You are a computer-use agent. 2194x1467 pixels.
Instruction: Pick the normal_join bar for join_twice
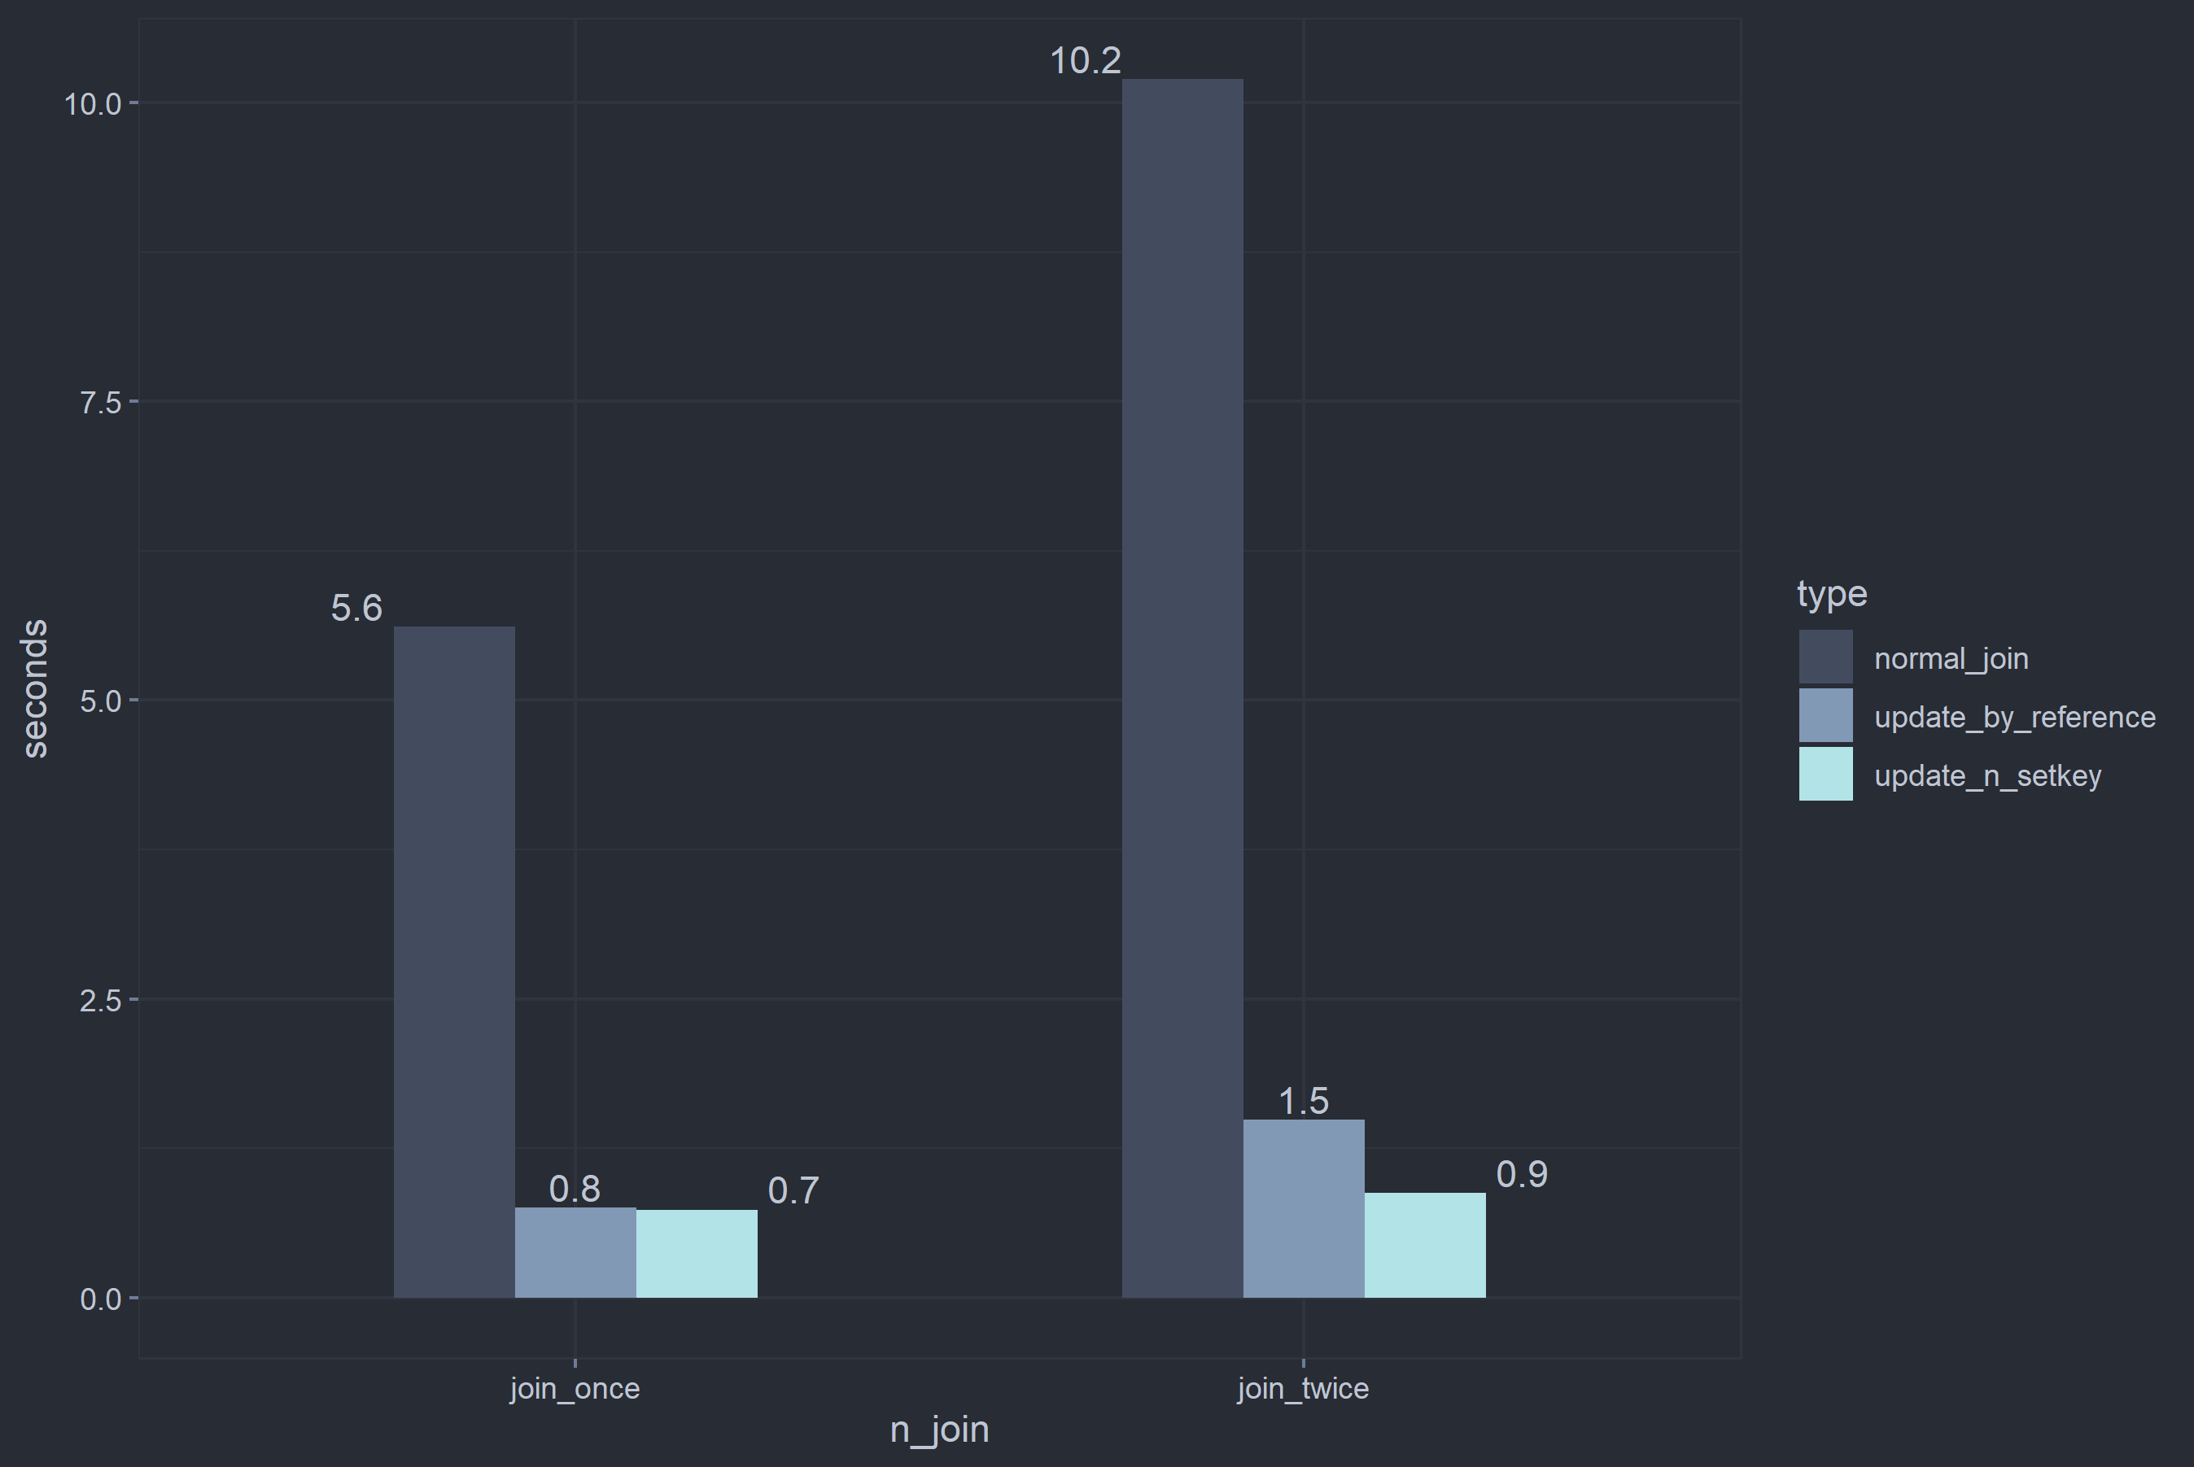click(1182, 688)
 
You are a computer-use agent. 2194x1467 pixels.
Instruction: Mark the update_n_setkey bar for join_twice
click(1424, 1244)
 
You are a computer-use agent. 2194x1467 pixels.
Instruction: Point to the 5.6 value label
click(356, 608)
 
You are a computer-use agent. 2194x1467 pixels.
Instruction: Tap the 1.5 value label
click(1304, 1101)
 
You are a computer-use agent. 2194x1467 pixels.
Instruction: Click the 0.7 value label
click(793, 1190)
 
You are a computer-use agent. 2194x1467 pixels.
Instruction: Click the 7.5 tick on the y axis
click(101, 402)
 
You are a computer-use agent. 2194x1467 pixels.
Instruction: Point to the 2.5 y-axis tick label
click(101, 1000)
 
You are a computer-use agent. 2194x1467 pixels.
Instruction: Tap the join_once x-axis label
click(575, 1388)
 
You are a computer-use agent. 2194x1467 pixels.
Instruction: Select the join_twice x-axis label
click(1302, 1388)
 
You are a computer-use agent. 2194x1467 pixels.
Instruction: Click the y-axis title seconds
click(35, 688)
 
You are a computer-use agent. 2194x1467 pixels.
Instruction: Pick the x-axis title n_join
click(939, 1430)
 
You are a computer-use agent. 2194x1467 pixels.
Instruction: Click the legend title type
click(1831, 594)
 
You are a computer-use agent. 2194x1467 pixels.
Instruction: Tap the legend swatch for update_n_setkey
click(1825, 774)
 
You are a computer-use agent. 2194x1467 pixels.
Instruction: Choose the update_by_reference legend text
click(2014, 718)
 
